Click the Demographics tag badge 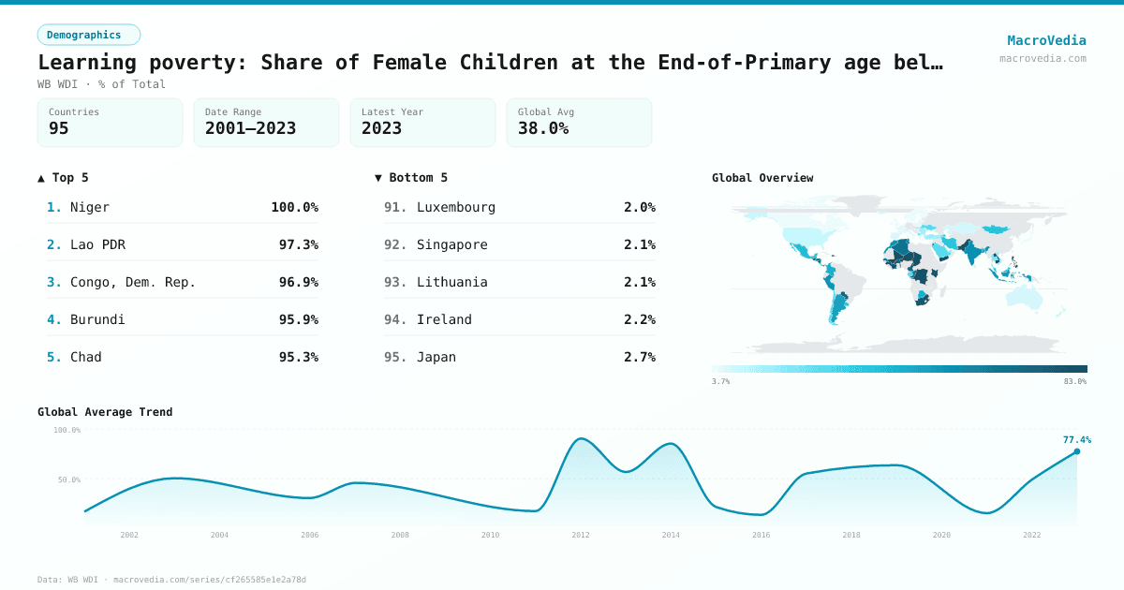(x=88, y=35)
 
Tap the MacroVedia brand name (x=1046, y=40)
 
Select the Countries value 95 (x=59, y=129)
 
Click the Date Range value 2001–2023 (x=250, y=129)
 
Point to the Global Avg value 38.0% (x=543, y=129)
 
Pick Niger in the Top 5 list (x=90, y=207)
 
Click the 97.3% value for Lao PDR (x=298, y=244)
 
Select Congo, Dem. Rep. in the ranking (x=133, y=282)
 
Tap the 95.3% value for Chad (x=298, y=357)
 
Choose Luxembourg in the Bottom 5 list (x=456, y=207)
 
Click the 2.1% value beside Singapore (x=639, y=244)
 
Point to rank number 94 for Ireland (x=395, y=319)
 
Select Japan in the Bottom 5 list (x=436, y=357)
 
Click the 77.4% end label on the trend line (x=1076, y=439)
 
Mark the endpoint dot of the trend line (x=1076, y=451)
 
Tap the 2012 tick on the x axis (x=581, y=535)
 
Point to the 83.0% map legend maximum (x=1074, y=381)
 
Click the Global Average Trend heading (x=105, y=412)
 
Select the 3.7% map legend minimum (x=721, y=381)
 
